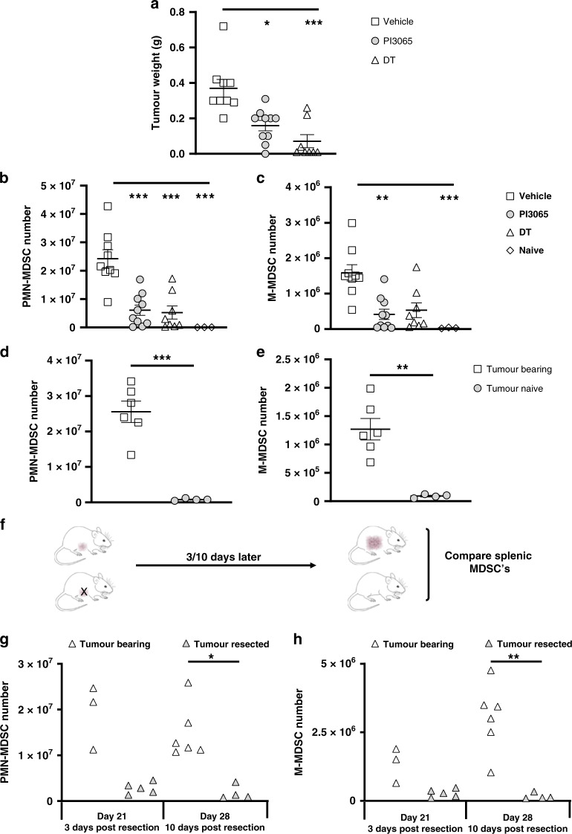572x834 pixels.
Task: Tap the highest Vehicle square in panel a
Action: point(223,26)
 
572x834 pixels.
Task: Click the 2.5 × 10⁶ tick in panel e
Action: point(316,360)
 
